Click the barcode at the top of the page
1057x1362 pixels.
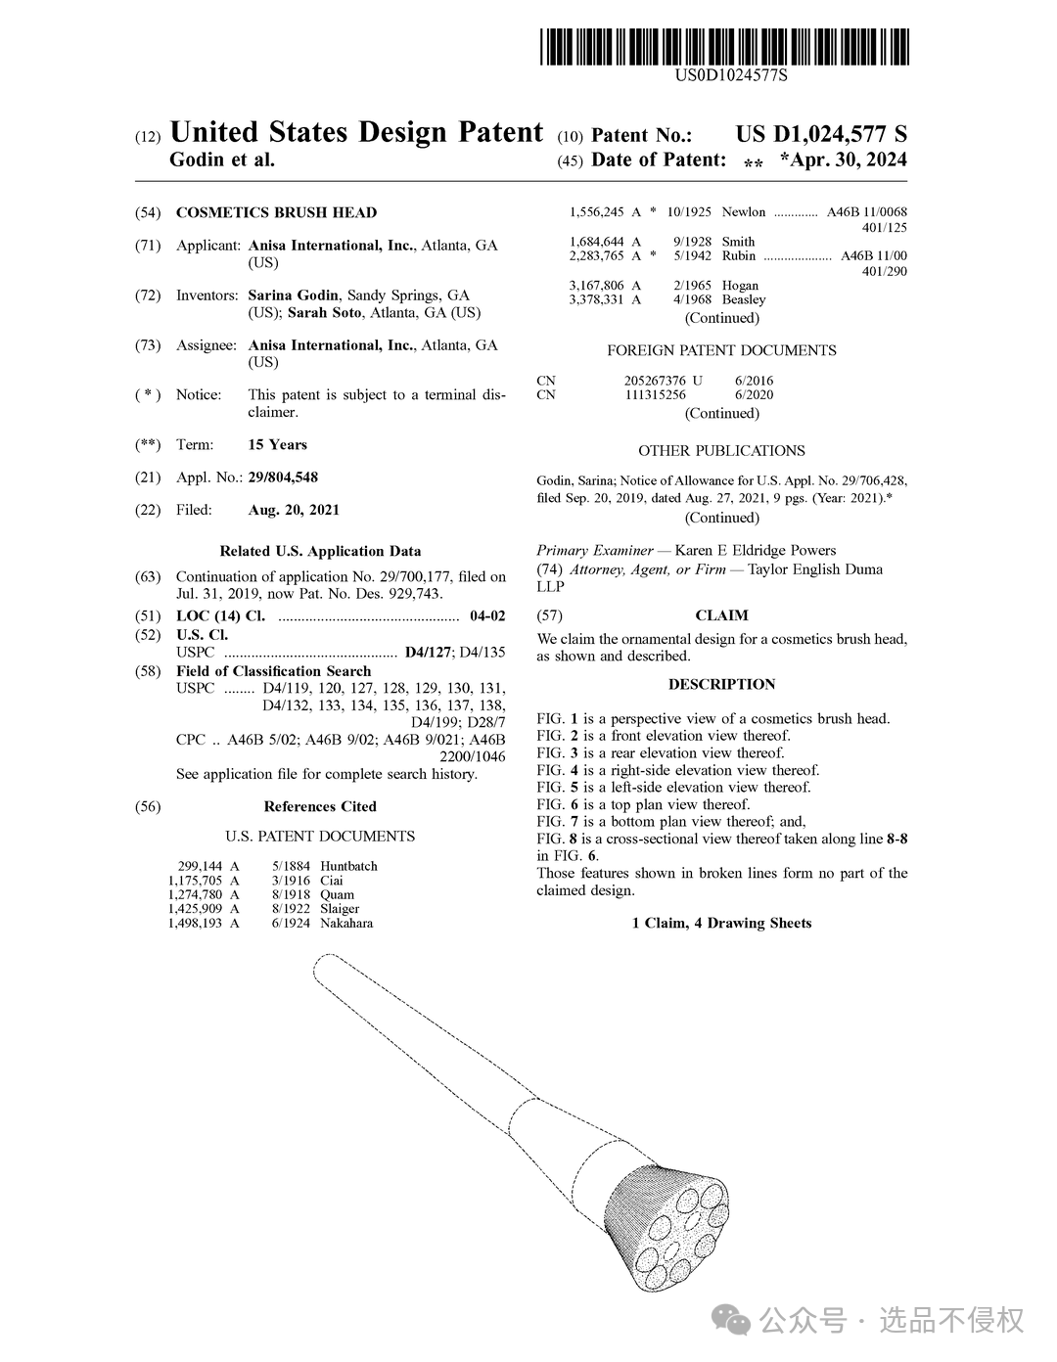click(723, 46)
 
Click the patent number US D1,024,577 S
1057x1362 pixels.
click(821, 135)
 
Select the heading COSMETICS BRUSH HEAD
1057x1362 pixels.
click(276, 212)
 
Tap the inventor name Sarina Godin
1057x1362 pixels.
click(293, 295)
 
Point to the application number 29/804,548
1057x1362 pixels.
click(283, 477)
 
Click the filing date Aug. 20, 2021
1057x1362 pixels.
click(294, 510)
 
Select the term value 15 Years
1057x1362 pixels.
click(277, 444)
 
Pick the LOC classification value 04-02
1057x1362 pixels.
click(487, 615)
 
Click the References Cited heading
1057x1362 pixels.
click(320, 806)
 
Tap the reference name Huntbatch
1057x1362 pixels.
click(348, 866)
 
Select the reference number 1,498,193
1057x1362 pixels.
click(195, 923)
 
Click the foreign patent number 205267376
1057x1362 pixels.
click(656, 381)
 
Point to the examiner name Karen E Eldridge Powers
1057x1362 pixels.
click(755, 550)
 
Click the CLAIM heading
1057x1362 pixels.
click(721, 615)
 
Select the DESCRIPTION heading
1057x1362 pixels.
click(721, 684)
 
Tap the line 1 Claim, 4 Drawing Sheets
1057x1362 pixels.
click(721, 923)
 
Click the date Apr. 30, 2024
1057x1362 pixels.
click(843, 160)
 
